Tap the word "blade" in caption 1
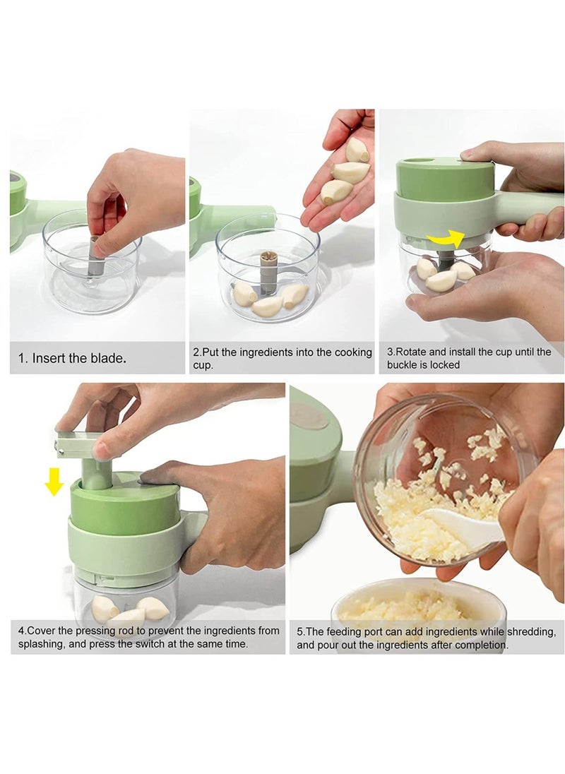pyautogui.click(x=107, y=358)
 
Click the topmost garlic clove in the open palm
pyautogui.click(x=357, y=150)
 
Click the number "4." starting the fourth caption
pyautogui.click(x=23, y=631)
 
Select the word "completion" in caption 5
pyautogui.click(x=480, y=644)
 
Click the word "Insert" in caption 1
pyautogui.click(x=50, y=358)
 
